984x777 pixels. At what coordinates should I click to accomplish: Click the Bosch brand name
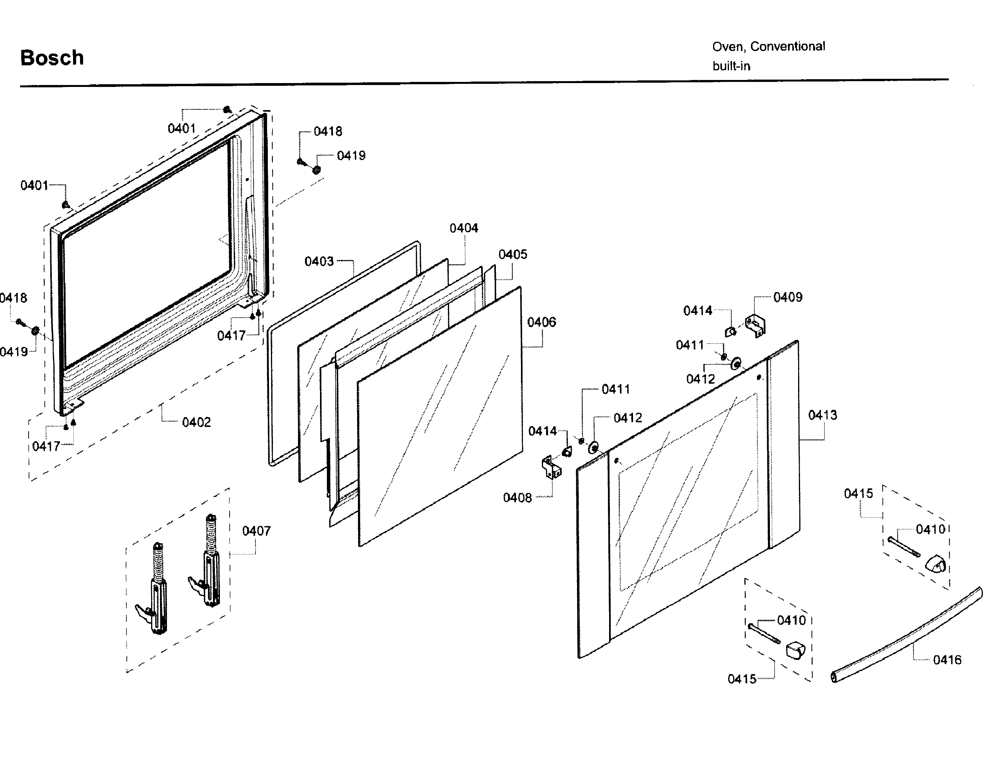[52, 58]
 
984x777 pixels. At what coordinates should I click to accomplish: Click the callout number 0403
[319, 261]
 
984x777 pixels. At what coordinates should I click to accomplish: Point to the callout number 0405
[513, 254]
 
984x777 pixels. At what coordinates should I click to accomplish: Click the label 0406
[541, 322]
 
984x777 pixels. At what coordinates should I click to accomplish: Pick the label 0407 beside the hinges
[256, 531]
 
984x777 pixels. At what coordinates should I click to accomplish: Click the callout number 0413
[822, 415]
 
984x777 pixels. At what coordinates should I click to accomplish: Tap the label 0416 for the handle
[947, 660]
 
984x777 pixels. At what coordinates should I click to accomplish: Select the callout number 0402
[196, 422]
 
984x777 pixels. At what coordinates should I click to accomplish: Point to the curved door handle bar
[905, 637]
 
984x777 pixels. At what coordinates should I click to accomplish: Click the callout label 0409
[788, 297]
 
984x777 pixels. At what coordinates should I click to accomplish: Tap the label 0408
[517, 498]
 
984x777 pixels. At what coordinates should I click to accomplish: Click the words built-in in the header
[731, 66]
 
